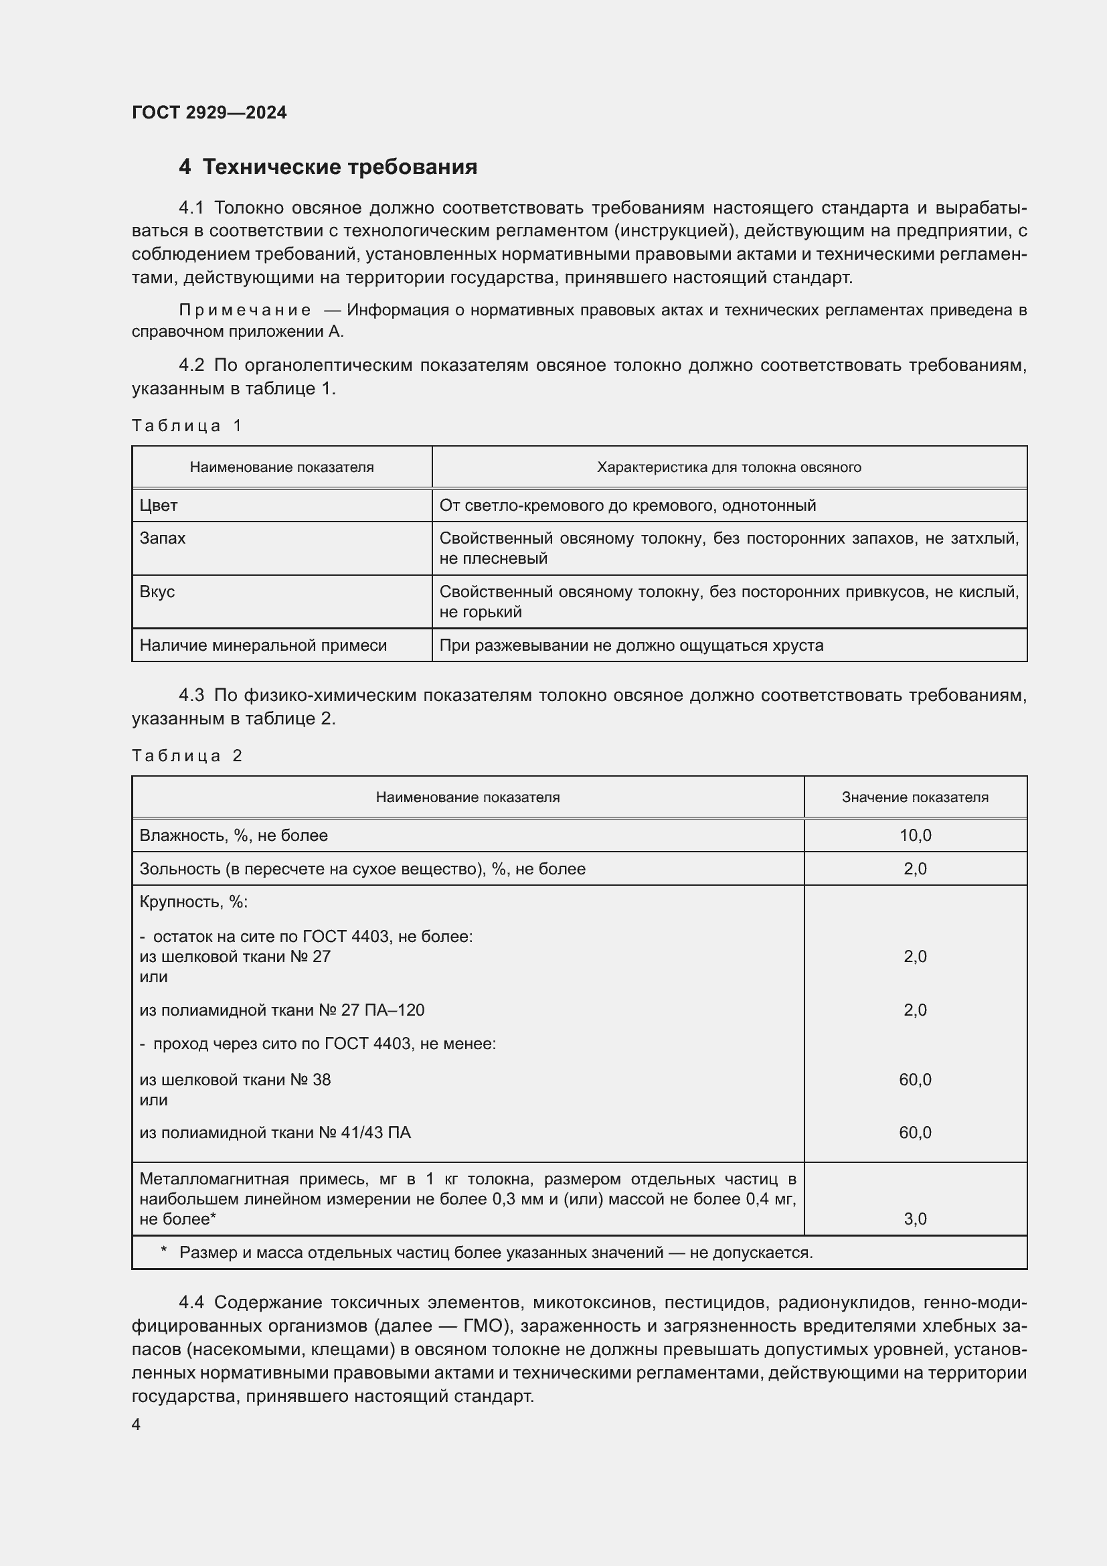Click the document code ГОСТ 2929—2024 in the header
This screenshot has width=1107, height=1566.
pos(209,112)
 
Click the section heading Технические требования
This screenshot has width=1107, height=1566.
pos(339,167)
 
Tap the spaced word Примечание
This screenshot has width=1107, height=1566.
pos(245,311)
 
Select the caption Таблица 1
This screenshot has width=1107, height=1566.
pos(187,426)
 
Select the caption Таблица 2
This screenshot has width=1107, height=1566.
pos(187,756)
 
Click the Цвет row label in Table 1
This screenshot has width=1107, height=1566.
pos(158,505)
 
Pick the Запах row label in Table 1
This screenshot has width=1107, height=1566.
pos(162,538)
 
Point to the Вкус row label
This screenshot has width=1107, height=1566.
pos(157,591)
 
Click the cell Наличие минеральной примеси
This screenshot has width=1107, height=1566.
pos(263,645)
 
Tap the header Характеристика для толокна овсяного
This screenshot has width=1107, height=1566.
pos(729,467)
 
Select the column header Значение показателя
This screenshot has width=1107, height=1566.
pos(915,797)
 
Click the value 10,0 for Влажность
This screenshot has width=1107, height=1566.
pos(915,836)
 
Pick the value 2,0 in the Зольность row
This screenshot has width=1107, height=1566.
pos(915,869)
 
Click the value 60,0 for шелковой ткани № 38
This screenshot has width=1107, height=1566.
pos(915,1080)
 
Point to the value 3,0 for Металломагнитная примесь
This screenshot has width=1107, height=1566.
pos(915,1219)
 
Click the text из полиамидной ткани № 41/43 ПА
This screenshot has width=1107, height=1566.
pos(274,1133)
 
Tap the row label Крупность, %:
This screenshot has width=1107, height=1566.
pos(193,903)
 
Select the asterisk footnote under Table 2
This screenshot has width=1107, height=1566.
pos(487,1253)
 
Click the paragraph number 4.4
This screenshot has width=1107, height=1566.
pos(191,1303)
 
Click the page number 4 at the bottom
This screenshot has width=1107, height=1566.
pos(136,1425)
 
